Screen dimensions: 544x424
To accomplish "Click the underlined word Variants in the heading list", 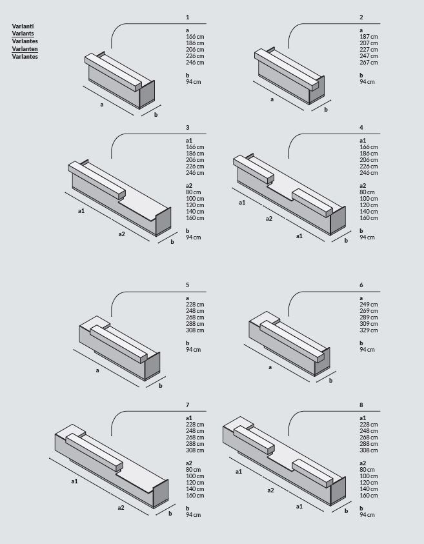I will point(23,34).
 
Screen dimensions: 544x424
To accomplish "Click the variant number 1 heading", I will point(188,17).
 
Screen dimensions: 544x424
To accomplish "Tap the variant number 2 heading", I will point(361,17).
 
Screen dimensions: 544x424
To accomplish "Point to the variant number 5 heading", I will point(188,285).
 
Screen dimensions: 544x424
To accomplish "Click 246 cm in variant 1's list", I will point(195,63).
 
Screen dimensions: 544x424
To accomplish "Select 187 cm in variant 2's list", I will point(368,37).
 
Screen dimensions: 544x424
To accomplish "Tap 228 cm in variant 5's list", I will point(195,305).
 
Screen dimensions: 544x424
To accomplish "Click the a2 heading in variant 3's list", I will point(189,186).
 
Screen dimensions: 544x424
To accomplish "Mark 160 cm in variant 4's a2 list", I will point(368,218).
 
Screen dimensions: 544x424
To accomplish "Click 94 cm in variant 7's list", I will point(193,515).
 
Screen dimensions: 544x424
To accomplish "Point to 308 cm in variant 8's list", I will point(368,450).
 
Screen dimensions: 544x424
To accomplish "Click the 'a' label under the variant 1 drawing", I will point(102,104).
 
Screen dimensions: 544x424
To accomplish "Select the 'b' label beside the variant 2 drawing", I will point(326,110).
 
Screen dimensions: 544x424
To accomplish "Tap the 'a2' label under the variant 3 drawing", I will point(121,234).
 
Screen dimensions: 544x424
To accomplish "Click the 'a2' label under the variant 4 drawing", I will point(270,219).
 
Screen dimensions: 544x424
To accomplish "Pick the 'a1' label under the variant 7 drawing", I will point(74,481).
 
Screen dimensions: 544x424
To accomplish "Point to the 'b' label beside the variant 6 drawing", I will point(330,381).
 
